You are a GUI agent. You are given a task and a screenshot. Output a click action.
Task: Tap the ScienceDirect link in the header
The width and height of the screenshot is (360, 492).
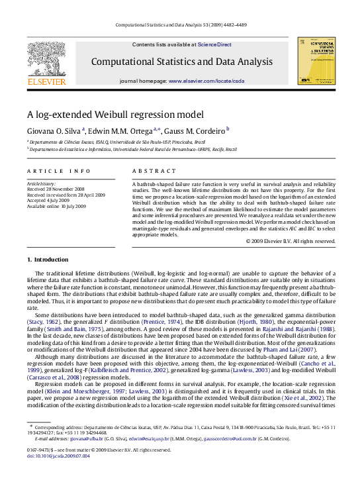[214, 44]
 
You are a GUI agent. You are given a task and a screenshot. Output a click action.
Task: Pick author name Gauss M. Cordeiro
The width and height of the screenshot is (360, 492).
[199, 131]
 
